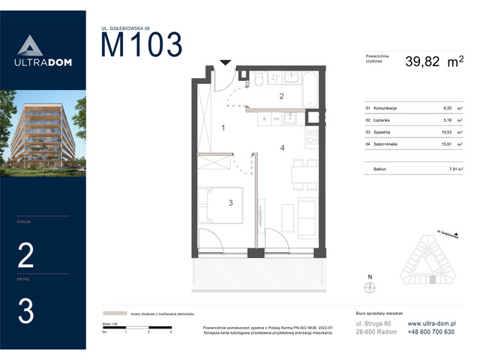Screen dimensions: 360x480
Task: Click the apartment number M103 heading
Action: pyautogui.click(x=142, y=46)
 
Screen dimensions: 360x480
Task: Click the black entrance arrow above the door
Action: pyautogui.click(x=225, y=64)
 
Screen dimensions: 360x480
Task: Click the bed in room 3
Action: pyautogui.click(x=222, y=205)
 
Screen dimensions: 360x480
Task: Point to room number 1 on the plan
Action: pyautogui.click(x=223, y=128)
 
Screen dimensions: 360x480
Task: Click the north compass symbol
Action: pyautogui.click(x=368, y=286)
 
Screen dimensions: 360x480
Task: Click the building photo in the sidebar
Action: pyautogui.click(x=43, y=133)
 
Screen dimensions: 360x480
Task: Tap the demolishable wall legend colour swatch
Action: pyautogui.click(x=115, y=314)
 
